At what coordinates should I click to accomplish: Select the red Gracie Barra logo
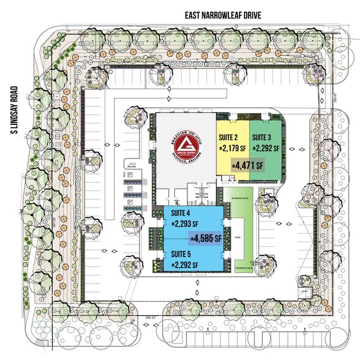[186, 147]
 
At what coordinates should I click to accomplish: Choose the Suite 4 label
[184, 213]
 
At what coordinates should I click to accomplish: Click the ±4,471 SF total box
[247, 165]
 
